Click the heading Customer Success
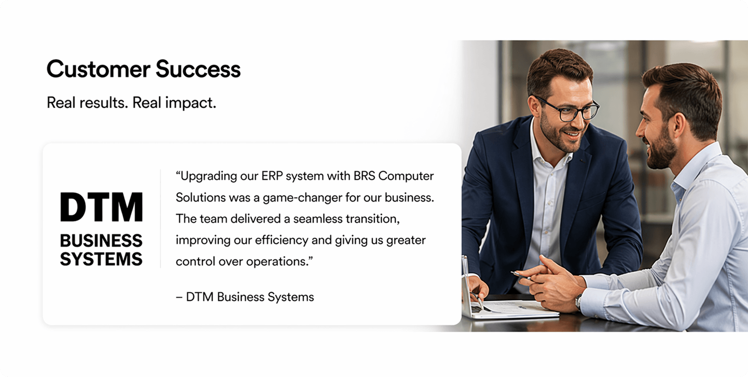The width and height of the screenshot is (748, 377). coord(143,69)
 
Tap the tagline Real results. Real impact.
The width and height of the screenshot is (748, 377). coord(131,103)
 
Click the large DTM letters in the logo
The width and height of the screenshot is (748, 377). coord(101,207)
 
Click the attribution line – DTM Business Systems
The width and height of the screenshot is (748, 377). coord(245,297)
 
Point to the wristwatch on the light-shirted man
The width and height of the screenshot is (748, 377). coord(579,301)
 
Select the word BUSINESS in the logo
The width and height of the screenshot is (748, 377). coord(101,241)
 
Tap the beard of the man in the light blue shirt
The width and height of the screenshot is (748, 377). coord(661,152)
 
